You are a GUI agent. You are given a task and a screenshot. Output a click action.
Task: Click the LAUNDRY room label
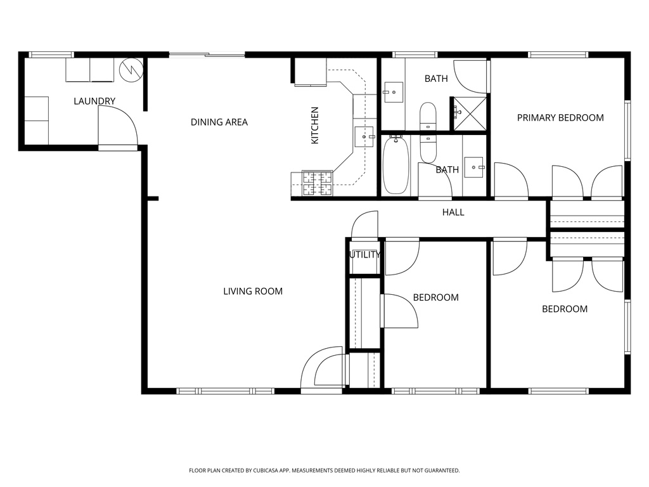pos(94,101)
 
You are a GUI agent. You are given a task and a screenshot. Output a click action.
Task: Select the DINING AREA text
pos(219,122)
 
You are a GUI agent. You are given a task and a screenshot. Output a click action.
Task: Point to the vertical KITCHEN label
pos(315,124)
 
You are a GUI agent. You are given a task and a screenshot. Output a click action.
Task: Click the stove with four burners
pos(317,183)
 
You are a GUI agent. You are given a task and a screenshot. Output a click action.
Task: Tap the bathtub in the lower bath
pos(396,165)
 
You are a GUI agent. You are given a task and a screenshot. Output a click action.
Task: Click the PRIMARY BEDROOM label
pos(560,117)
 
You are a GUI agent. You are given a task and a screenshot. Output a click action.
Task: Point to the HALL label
pos(453,212)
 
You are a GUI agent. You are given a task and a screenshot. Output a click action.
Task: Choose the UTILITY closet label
pos(364,255)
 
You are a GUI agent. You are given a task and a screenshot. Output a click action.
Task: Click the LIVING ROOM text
pos(253,291)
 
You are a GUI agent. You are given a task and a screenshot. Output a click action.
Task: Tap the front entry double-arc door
pos(324,369)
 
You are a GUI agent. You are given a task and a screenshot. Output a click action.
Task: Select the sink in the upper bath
pos(393,93)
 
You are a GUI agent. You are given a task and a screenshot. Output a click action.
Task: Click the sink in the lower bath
pos(473,167)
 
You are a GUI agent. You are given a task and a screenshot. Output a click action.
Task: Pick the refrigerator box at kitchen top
pos(310,71)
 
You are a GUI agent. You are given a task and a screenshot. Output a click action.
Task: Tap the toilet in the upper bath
pos(428,115)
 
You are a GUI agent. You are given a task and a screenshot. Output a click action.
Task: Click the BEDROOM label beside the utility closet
pos(435,297)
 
